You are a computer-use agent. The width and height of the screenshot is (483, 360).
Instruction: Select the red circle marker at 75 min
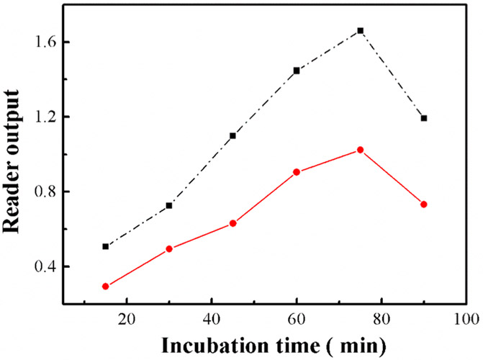(381, 150)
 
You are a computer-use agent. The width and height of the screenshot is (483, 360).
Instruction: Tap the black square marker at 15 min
(106, 246)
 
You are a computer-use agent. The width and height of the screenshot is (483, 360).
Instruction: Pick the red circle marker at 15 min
(106, 286)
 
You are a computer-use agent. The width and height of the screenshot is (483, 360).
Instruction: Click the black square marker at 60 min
(296, 71)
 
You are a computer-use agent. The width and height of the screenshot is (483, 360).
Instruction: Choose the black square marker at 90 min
(424, 118)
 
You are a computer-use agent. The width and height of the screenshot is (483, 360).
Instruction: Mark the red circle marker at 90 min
(424, 204)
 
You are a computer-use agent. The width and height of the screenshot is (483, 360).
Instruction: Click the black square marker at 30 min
(169, 205)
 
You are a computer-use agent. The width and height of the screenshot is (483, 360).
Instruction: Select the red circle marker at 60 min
(296, 172)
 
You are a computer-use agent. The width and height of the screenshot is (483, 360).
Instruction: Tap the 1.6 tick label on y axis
(50, 42)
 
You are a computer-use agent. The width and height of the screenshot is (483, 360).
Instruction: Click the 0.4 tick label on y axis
(50, 267)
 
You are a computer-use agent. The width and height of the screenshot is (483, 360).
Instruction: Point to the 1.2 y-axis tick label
(50, 117)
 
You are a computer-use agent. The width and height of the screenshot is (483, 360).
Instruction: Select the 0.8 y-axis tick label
(50, 192)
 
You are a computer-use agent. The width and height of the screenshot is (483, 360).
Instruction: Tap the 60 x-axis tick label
(296, 318)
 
